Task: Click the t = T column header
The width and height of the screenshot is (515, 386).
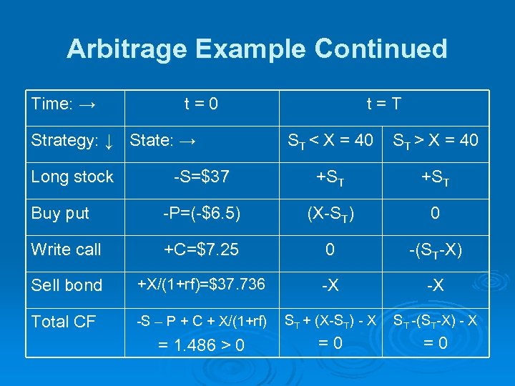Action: (x=383, y=104)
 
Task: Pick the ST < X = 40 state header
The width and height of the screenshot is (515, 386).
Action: (x=330, y=141)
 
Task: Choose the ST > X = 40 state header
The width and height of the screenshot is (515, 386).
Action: (x=435, y=141)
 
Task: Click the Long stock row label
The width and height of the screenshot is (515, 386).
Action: (x=72, y=177)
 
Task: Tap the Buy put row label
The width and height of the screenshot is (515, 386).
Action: (x=61, y=213)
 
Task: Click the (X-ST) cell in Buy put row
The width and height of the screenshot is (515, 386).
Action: (x=330, y=214)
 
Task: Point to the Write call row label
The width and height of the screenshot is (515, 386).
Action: (x=67, y=249)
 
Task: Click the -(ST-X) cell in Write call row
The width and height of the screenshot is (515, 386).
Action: (x=435, y=250)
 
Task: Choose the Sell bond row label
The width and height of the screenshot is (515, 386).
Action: (x=67, y=285)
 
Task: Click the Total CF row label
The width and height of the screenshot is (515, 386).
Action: (x=64, y=322)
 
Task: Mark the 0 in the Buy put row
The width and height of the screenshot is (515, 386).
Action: (x=435, y=213)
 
